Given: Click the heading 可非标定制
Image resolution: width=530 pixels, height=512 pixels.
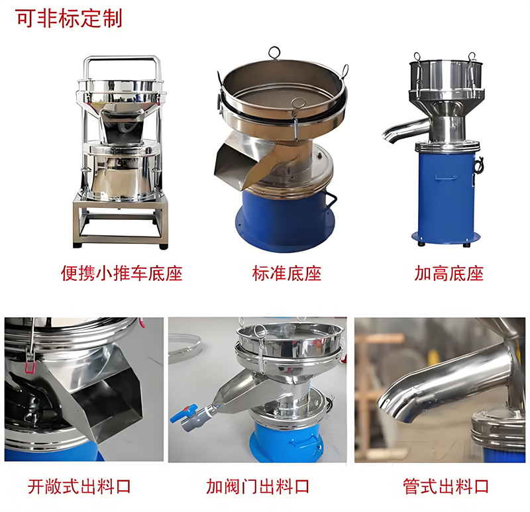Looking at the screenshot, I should click(68, 18).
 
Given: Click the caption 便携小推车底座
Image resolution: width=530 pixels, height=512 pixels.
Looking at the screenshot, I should click(121, 273).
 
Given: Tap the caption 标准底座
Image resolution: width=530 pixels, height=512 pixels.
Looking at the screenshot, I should click(286, 273).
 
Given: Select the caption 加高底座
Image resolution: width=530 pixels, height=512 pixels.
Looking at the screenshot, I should click(449, 273).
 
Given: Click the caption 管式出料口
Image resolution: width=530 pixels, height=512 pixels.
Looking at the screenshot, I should click(446, 487).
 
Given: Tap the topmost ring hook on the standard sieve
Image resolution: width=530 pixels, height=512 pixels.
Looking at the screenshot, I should click(274, 52).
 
